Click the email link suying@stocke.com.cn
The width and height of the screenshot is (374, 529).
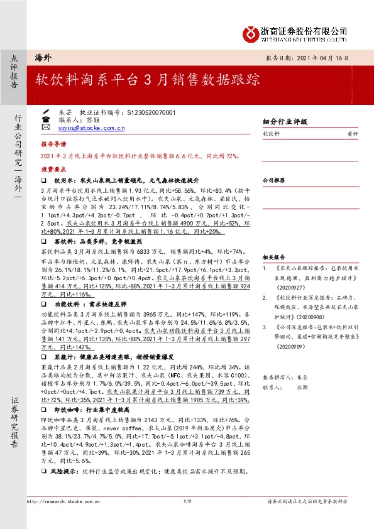coord(91,128)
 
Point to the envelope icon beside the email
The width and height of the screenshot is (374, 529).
coord(45,128)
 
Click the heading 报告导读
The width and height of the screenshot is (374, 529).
coord(54,143)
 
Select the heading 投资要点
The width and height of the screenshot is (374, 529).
coord(54,170)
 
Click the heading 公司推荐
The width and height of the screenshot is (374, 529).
coord(274,180)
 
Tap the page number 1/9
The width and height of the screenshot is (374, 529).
coord(186,501)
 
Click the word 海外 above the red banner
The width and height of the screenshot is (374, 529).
coord(43,57)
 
